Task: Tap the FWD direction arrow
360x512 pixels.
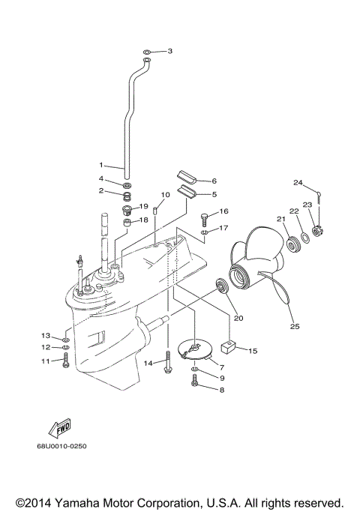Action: pyautogui.click(x=58, y=429)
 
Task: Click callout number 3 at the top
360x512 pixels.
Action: pyautogui.click(x=169, y=51)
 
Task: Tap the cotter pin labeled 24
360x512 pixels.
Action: pyautogui.click(x=319, y=196)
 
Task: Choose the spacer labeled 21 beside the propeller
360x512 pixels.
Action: pyautogui.click(x=289, y=244)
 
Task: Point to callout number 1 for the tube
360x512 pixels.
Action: pyautogui.click(x=101, y=165)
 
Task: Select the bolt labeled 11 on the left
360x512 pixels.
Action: pyautogui.click(x=67, y=363)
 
